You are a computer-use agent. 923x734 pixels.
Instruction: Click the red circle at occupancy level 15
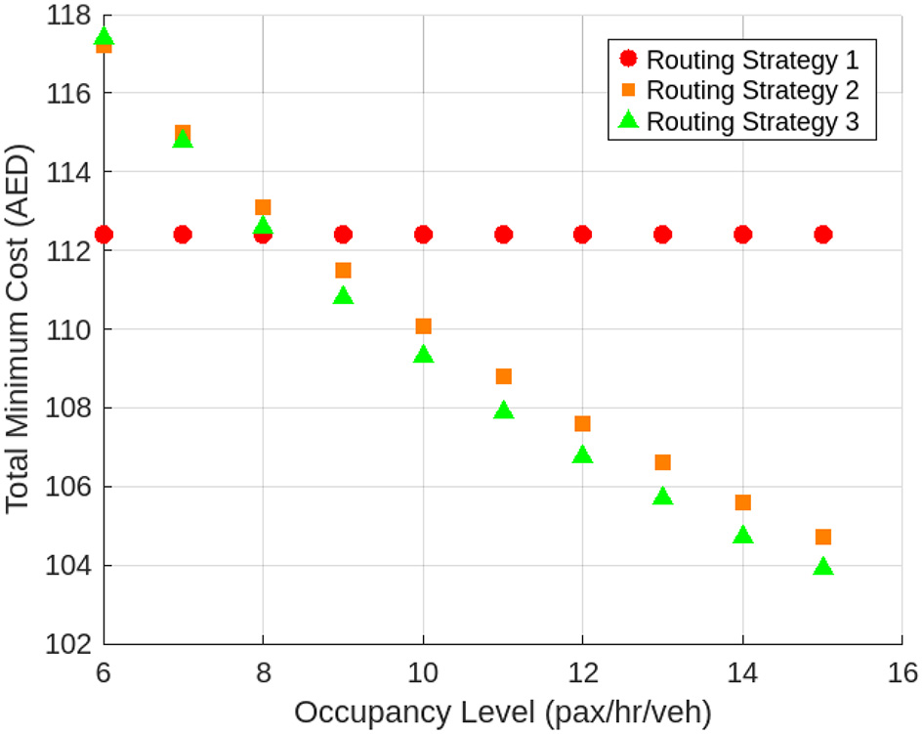822,235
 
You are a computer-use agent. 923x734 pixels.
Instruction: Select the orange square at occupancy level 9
343,270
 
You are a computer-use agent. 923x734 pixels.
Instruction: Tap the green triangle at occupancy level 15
822,567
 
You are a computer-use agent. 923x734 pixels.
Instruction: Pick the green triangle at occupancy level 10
423,355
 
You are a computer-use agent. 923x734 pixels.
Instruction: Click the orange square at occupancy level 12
582,423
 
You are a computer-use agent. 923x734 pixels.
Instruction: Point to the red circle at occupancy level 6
104,235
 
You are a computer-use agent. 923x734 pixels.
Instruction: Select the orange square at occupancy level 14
742,502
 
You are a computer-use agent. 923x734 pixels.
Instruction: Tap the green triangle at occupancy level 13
663,497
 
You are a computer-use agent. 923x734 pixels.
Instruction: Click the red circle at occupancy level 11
503,235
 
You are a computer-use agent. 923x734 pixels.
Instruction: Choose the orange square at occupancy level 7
183,132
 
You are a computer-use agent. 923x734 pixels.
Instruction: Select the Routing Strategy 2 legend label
752,91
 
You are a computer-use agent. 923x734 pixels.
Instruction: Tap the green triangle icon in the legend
629,121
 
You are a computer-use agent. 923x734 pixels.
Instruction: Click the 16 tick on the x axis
902,672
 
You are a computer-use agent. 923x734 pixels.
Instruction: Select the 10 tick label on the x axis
423,672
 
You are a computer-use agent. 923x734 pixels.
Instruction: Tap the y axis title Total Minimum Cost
20,330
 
